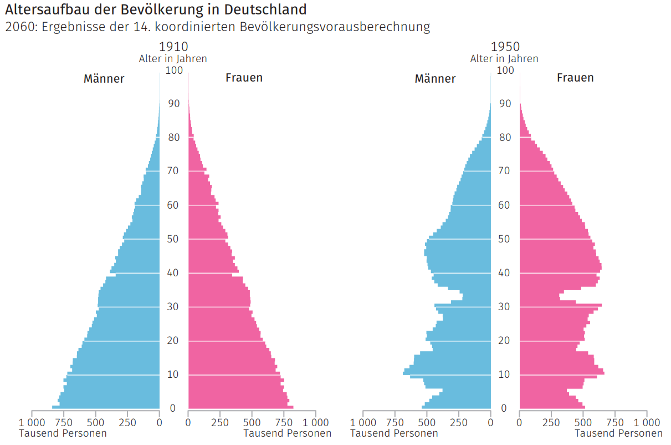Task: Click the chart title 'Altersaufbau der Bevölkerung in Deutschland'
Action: click(x=155, y=9)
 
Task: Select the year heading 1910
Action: click(x=173, y=47)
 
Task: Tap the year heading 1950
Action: click(x=504, y=47)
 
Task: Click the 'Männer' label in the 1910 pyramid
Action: click(x=104, y=79)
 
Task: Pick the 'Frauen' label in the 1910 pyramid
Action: click(x=244, y=78)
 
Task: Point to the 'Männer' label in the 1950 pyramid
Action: click(x=435, y=79)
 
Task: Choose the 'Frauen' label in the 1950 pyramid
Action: click(x=575, y=78)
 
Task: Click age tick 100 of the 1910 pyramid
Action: click(x=173, y=70)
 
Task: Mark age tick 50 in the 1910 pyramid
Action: click(x=173, y=239)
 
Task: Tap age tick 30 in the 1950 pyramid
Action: click(x=505, y=307)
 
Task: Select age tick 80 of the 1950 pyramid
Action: click(x=505, y=138)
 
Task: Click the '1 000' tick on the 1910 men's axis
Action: click(x=32, y=422)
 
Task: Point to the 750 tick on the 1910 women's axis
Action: click(x=284, y=422)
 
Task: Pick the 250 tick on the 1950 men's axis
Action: click(x=458, y=422)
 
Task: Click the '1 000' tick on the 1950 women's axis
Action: click(x=647, y=422)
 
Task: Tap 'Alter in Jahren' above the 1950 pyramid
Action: click(x=504, y=58)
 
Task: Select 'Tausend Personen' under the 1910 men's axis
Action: click(x=63, y=433)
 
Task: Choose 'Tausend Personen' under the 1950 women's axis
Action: click(x=619, y=433)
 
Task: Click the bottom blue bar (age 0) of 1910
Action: click(x=105, y=407)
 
